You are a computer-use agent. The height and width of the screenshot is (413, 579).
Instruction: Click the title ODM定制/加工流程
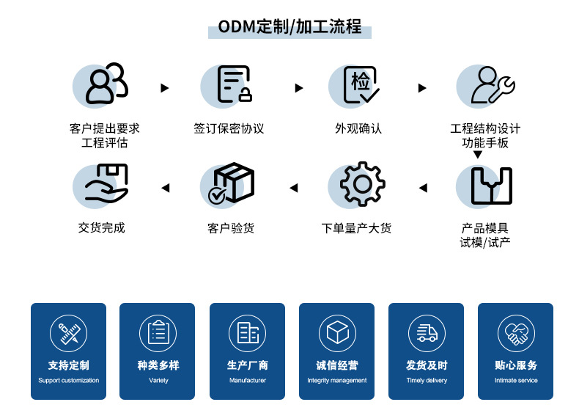point(289,28)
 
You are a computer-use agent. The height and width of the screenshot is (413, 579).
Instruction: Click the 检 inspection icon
point(361,84)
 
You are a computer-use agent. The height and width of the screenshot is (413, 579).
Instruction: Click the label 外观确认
point(358,128)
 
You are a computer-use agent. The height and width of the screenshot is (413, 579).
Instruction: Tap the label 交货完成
point(102,227)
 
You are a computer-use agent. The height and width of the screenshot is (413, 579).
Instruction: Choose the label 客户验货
point(231,228)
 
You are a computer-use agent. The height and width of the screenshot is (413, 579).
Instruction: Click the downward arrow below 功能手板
point(478,155)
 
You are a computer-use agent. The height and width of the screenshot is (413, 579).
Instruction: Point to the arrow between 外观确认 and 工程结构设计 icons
point(422,88)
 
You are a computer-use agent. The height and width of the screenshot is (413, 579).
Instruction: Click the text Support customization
point(68,381)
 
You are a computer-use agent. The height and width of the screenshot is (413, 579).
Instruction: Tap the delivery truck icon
point(427,333)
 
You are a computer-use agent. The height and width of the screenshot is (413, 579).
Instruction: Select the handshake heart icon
point(516,333)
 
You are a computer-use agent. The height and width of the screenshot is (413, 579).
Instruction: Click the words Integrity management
point(337,381)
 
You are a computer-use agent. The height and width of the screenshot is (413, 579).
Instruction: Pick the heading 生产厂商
point(248,365)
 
